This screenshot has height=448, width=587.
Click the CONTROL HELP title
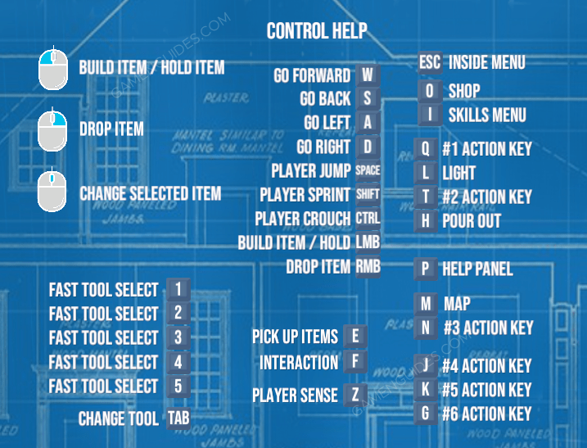pyautogui.click(x=316, y=32)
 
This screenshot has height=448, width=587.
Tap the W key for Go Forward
pyautogui.click(x=368, y=75)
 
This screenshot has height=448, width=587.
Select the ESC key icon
pyautogui.click(x=430, y=62)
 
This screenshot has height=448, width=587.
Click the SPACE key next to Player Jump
pyautogui.click(x=368, y=171)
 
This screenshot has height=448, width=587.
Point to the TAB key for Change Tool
pyautogui.click(x=178, y=419)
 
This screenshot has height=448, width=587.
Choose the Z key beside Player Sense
pyautogui.click(x=355, y=395)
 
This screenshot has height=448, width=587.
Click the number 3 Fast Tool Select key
pyautogui.click(x=178, y=337)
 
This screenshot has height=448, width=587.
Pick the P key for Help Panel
pyautogui.click(x=425, y=269)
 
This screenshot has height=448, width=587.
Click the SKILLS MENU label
pyautogui.click(x=486, y=115)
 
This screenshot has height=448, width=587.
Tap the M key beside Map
pyautogui.click(x=426, y=304)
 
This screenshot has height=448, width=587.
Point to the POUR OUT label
pyautogui.click(x=471, y=220)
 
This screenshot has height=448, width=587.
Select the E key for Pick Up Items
pyautogui.click(x=355, y=336)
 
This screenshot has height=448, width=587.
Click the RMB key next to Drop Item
pyautogui.click(x=368, y=266)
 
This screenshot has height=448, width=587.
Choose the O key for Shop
pyautogui.click(x=430, y=91)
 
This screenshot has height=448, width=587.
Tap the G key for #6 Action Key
pyautogui.click(x=425, y=414)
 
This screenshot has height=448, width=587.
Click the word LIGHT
pyautogui.click(x=458, y=173)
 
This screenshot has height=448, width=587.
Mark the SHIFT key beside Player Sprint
pyautogui.click(x=368, y=195)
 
